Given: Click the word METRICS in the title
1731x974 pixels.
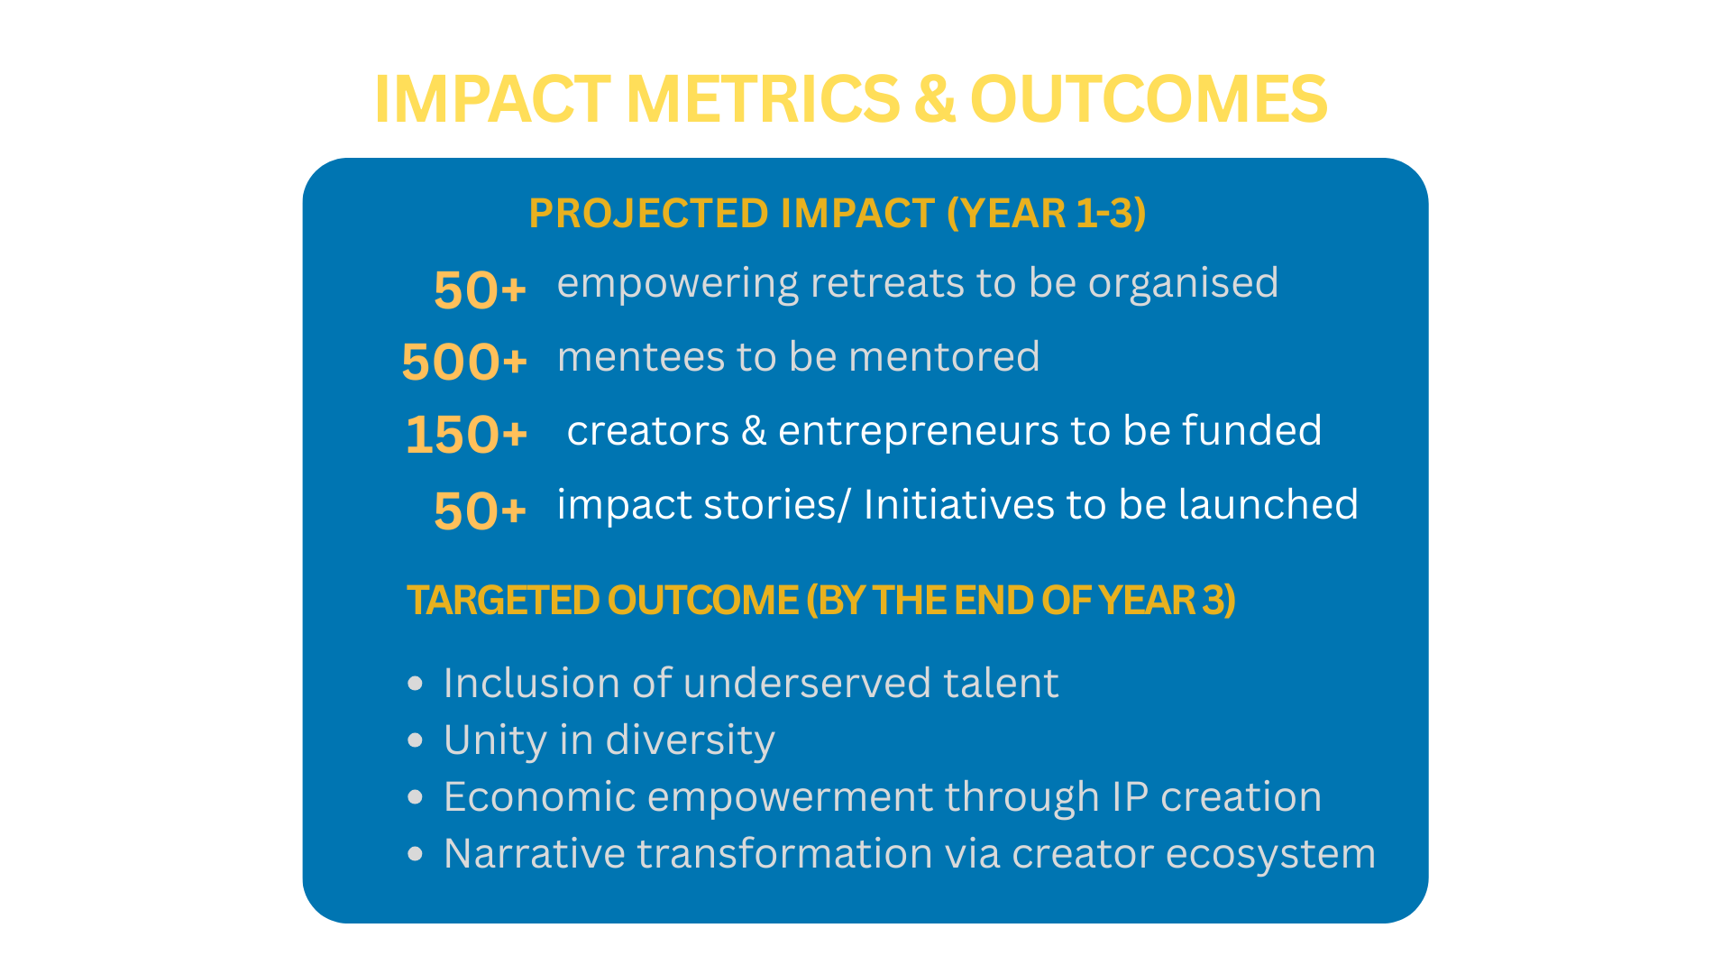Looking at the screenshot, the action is tap(763, 98).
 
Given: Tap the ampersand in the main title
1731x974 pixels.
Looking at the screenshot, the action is tap(935, 98).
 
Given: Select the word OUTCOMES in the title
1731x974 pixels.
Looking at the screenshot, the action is tap(1149, 98).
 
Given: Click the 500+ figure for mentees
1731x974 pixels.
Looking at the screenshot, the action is tap(464, 362).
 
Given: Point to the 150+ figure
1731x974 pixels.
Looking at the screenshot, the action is tap(466, 434).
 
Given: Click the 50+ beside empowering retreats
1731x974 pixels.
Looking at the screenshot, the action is tap(480, 289).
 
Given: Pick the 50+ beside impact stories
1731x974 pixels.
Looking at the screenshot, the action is tap(480, 510).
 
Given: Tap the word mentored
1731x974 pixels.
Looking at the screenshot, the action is tap(944, 357).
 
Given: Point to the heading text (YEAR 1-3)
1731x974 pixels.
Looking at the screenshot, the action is tap(1046, 214).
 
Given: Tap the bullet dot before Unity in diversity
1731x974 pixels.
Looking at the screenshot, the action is tap(415, 741).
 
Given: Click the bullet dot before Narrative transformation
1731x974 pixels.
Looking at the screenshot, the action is tap(415, 854).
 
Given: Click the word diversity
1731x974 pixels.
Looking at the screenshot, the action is tap(691, 741).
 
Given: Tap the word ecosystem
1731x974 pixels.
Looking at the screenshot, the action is tap(1271, 855).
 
